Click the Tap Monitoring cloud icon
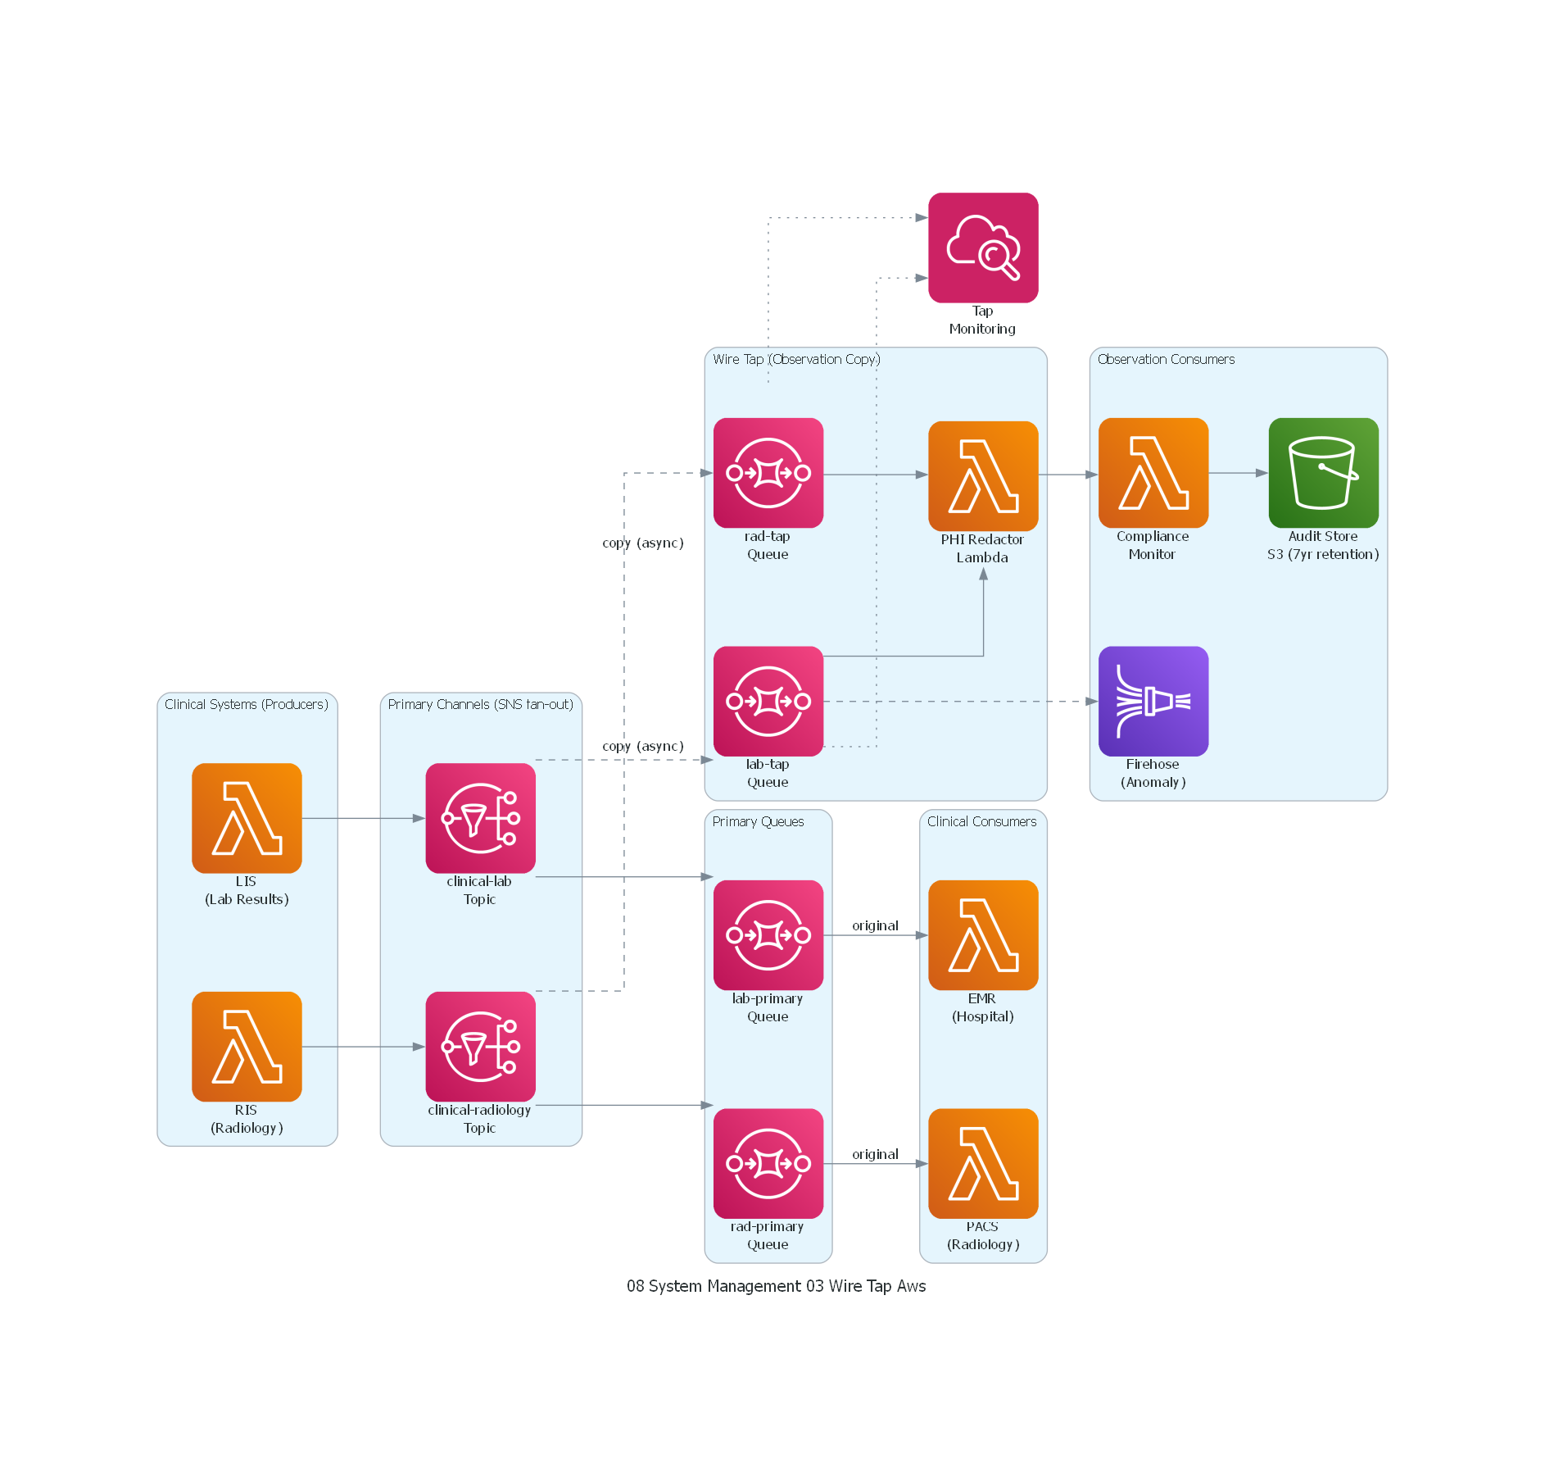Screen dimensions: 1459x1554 tap(983, 248)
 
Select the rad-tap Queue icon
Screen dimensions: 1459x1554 tap(768, 473)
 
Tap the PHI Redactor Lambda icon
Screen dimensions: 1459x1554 tap(983, 475)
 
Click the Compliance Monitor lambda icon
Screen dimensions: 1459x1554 tap(1153, 473)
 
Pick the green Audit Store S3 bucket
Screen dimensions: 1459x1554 tap(1323, 473)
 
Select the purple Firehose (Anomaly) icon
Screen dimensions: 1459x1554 tap(1153, 701)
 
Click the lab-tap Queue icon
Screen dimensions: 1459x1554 tap(768, 701)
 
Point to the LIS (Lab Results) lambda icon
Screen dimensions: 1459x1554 tap(247, 818)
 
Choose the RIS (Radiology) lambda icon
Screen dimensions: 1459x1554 tap(247, 1047)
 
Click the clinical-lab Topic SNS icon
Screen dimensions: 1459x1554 tap(480, 818)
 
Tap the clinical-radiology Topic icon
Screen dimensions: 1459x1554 tap(480, 1047)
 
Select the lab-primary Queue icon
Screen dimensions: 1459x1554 tap(768, 935)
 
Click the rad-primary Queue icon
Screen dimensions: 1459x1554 tap(768, 1163)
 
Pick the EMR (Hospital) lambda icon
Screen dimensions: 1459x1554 tap(983, 935)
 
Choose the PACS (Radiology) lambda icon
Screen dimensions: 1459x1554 tap(983, 1163)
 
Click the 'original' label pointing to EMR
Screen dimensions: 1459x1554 tap(875, 925)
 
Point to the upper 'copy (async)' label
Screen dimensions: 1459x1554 tap(642, 543)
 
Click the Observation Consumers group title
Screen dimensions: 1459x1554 tap(1165, 359)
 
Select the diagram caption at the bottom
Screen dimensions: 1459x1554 tap(776, 1286)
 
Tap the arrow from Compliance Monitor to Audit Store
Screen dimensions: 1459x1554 tap(1237, 473)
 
